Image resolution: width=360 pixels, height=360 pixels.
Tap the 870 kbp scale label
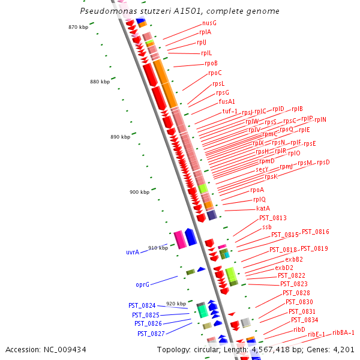[78, 27]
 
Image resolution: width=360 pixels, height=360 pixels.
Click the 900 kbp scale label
[139, 192]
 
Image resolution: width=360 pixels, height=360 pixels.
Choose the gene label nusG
[209, 23]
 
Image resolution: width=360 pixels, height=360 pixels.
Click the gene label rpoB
[211, 63]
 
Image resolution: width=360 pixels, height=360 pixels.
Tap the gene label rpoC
[215, 73]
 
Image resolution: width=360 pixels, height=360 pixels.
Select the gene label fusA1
[227, 102]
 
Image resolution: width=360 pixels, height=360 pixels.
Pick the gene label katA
[263, 208]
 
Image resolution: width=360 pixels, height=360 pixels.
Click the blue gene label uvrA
[133, 252]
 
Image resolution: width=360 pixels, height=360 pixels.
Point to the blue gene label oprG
[142, 284]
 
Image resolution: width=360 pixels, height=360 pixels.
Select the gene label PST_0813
[272, 218]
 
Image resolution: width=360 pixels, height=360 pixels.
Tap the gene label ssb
[266, 227]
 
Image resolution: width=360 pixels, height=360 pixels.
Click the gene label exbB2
[293, 259]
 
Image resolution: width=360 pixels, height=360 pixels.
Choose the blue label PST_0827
[151, 333]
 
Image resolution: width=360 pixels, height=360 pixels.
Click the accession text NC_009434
[46, 349]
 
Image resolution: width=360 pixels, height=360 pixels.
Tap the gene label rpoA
[257, 190]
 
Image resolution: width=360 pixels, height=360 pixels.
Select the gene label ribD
[299, 329]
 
